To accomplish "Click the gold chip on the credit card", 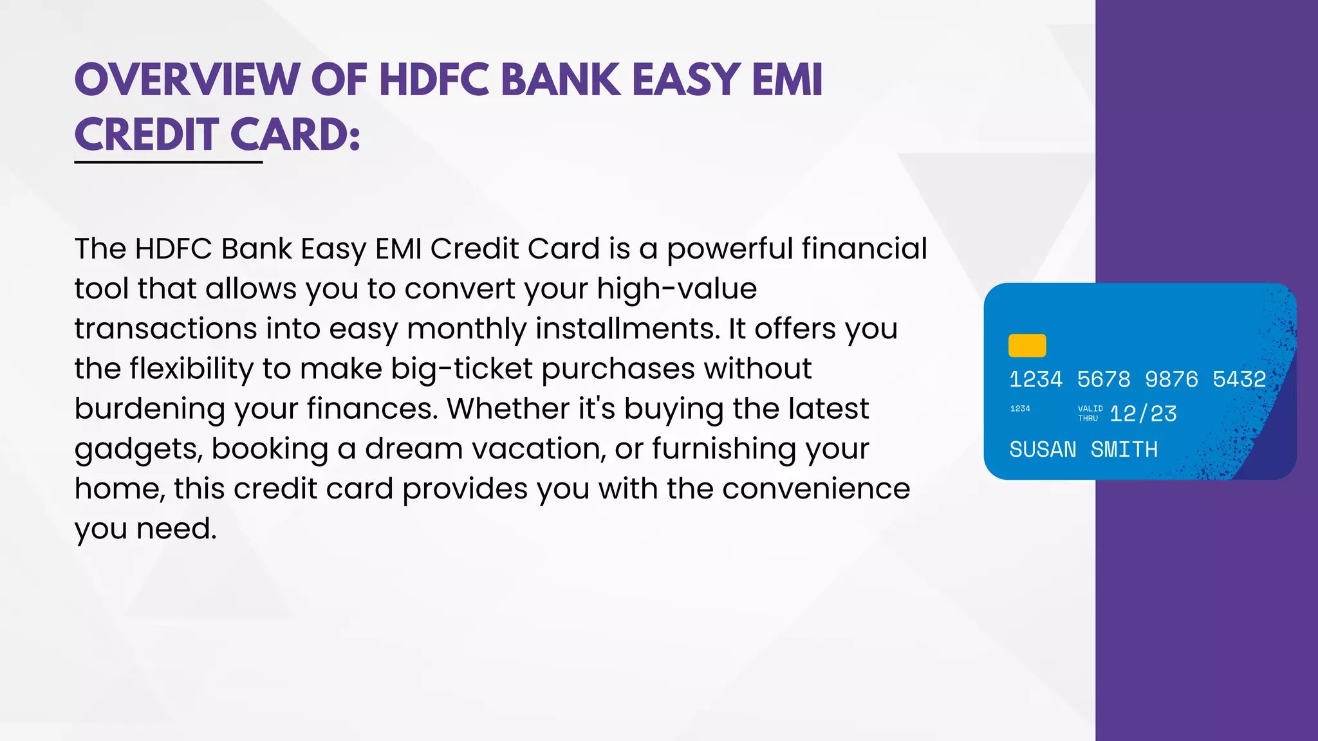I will [1027, 345].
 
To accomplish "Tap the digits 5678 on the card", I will [1104, 380].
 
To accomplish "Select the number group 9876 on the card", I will [1171, 380].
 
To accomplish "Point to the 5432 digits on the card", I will [1239, 380].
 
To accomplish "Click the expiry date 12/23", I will [1143, 414].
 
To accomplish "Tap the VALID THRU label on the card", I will [1090, 414].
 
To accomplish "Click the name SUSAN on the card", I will [1043, 449].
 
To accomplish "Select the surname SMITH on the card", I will [1124, 449].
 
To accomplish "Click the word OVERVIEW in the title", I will [187, 80].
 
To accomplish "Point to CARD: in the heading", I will [295, 135].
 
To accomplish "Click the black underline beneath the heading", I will [169, 162].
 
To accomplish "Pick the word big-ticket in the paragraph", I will [462, 369].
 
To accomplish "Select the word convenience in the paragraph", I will [816, 489].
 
